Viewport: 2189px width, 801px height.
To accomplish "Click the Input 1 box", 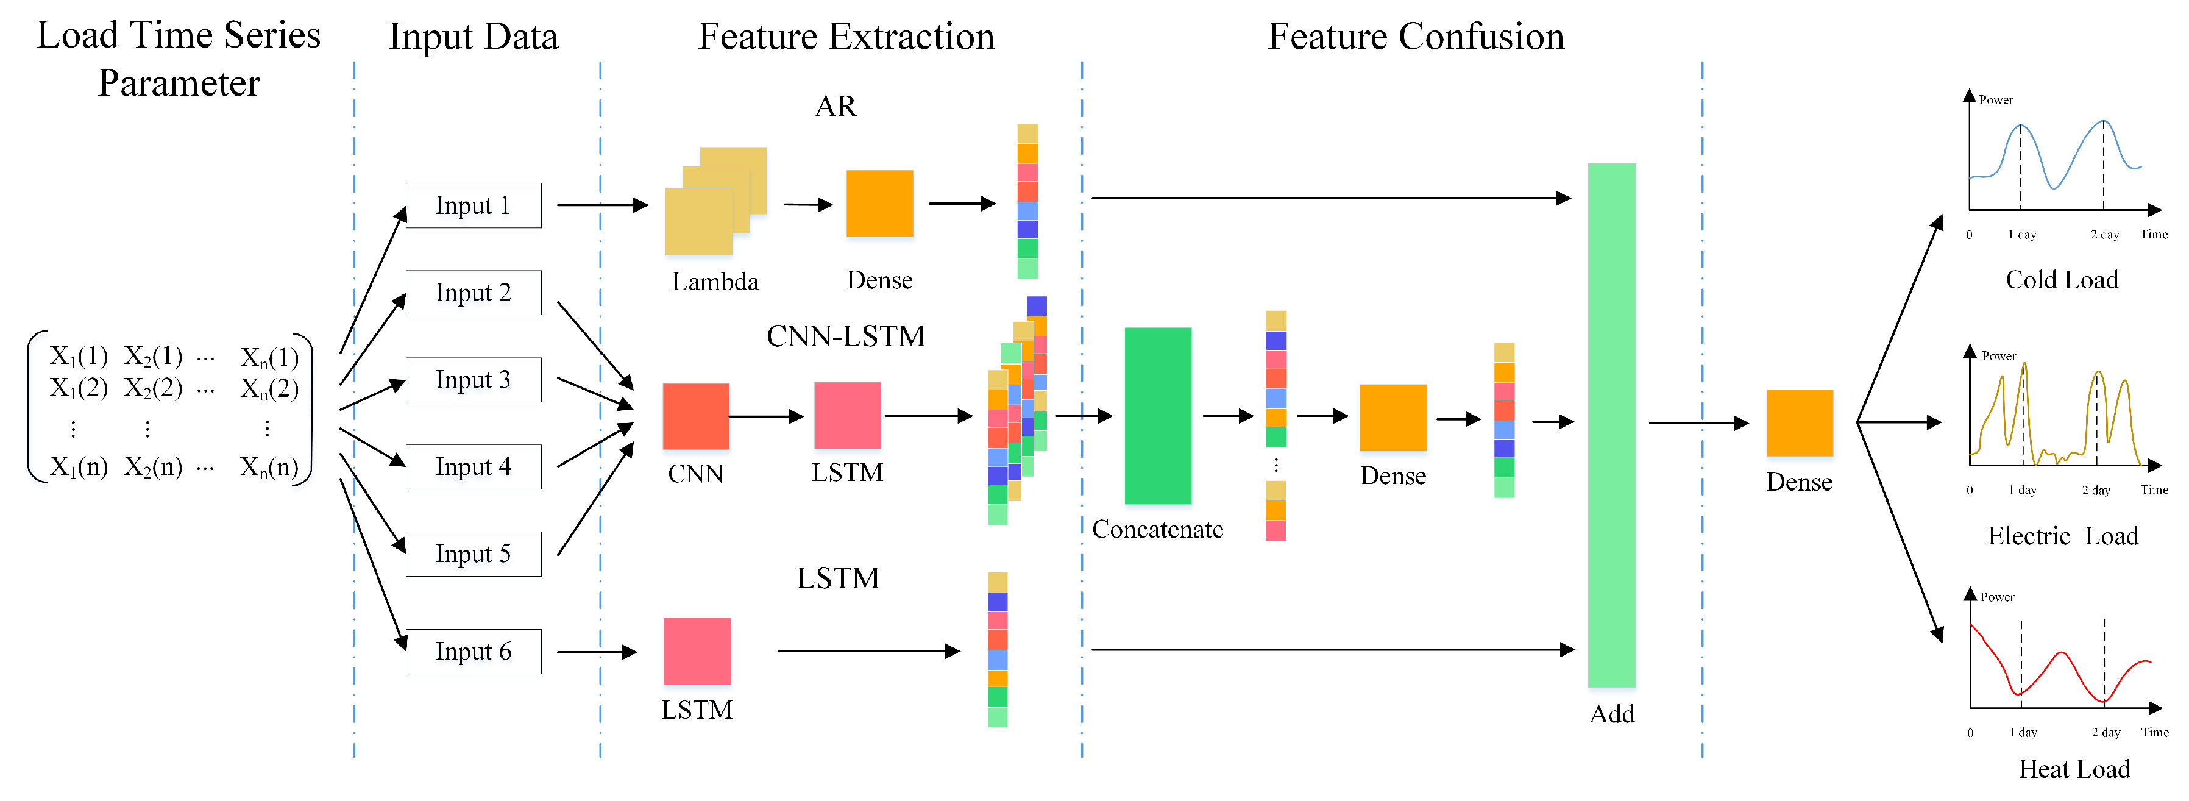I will click(474, 206).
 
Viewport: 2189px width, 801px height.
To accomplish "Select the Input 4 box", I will click(474, 467).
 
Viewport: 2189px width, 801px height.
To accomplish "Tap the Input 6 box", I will click(474, 651).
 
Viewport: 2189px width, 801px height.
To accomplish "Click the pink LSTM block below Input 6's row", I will click(697, 651).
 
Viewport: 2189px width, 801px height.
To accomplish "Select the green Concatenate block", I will click(1157, 416).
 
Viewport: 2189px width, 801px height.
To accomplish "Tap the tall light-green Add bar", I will click(1611, 425).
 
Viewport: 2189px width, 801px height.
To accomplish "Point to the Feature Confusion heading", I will click(1416, 37).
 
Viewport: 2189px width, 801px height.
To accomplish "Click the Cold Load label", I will click(2062, 280).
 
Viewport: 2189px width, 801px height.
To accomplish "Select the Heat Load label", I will click(2074, 769).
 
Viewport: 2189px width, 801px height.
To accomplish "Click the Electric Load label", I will click(2062, 536).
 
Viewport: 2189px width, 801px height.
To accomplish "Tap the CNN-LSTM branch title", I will click(845, 336).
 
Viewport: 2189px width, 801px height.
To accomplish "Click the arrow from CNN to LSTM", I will click(765, 417).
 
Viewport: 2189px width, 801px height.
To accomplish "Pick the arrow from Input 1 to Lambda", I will click(601, 205).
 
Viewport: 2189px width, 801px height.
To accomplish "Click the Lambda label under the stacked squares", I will click(715, 282).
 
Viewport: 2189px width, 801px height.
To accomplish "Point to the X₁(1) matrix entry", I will click(78, 355).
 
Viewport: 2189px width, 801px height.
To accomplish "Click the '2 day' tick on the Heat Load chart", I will click(2105, 732).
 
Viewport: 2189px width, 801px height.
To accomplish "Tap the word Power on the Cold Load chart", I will click(1995, 101).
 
